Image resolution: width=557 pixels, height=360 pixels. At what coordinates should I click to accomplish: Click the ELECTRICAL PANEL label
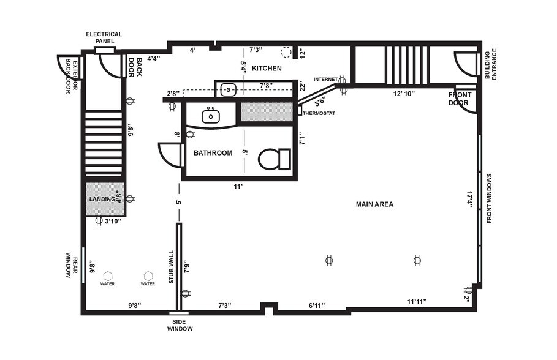[104, 37]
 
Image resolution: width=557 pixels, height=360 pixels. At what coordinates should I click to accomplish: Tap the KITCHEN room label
[267, 68]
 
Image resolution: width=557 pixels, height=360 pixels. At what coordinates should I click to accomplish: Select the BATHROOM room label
[213, 153]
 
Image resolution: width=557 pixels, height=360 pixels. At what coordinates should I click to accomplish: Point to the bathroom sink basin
[211, 114]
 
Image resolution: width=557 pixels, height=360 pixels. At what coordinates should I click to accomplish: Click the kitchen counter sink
[228, 89]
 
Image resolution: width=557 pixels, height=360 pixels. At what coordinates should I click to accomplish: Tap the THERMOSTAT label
[319, 113]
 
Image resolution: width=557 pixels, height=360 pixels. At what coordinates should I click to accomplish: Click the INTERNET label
[325, 80]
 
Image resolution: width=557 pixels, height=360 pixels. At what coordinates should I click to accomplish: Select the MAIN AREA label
[374, 204]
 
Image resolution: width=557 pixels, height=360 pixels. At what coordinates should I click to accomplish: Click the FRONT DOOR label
[460, 99]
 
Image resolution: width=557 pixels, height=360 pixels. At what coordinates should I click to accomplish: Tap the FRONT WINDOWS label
[490, 198]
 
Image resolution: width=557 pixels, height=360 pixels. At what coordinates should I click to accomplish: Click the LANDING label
[102, 199]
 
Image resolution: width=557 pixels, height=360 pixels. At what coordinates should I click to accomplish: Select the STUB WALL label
[171, 267]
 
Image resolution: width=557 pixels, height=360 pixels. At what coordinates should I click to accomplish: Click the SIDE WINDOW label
[180, 325]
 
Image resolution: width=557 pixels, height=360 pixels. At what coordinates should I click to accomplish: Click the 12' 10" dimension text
[404, 94]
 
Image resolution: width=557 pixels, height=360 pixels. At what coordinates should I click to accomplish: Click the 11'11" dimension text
[417, 301]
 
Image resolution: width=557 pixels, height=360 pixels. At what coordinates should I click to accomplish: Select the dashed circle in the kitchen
[286, 51]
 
